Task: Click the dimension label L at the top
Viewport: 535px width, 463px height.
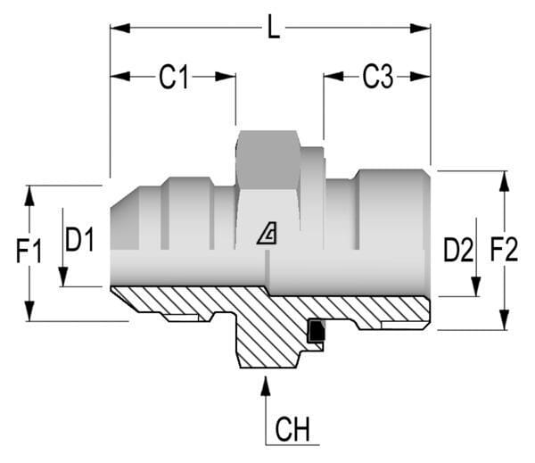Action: click(x=275, y=29)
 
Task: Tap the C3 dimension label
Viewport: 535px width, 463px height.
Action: click(x=377, y=78)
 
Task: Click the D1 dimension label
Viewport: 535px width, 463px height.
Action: click(x=79, y=239)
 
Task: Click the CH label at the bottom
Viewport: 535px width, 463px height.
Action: click(x=292, y=430)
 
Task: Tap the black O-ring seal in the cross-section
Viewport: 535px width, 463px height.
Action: click(x=315, y=331)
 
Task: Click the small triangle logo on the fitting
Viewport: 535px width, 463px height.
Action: click(x=267, y=235)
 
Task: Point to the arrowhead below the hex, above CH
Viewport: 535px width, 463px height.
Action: click(x=265, y=385)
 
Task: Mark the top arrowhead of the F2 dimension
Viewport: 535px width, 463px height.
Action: click(x=504, y=181)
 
